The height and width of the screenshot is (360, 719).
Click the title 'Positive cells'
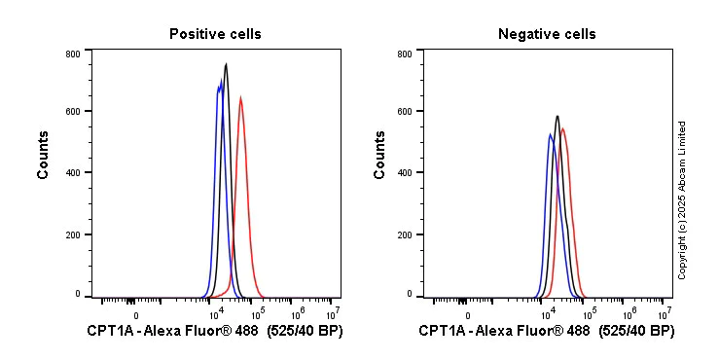click(215, 34)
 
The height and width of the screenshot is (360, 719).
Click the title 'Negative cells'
click(547, 34)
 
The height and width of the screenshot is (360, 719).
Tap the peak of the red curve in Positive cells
click(239, 97)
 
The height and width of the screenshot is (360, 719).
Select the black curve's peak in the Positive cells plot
click(226, 65)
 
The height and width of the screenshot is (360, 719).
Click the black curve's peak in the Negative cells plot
click(557, 117)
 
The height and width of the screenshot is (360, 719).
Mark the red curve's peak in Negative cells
click(562, 128)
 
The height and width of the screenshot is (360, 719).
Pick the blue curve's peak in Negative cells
click(550, 135)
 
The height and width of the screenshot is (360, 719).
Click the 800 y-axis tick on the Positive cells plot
click(72, 54)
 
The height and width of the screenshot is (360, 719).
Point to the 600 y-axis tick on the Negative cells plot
click(404, 111)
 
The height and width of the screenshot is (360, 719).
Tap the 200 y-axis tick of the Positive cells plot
click(72, 234)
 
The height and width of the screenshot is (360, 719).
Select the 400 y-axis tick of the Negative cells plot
click(404, 172)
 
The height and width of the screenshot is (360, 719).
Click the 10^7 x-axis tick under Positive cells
click(333, 314)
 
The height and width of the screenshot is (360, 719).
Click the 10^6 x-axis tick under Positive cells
click(298, 314)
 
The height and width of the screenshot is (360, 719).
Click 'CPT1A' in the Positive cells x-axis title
click(108, 332)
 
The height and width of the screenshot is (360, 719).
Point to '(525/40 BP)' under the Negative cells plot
click(635, 332)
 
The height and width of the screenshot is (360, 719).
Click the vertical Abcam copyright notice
click(682, 199)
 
